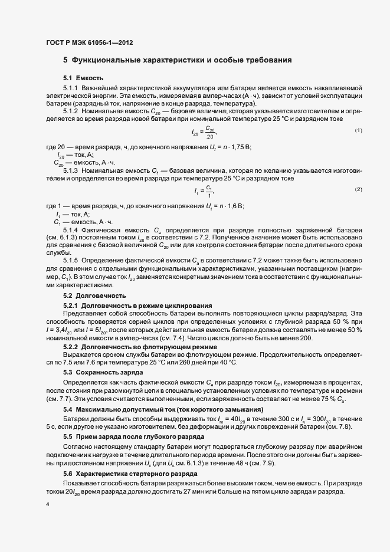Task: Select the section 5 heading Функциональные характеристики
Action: pyautogui.click(x=177, y=60)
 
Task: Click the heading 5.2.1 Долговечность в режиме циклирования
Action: pyautogui.click(x=137, y=305)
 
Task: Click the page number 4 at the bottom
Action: pyautogui.click(x=47, y=521)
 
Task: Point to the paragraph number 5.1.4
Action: pyautogui.click(x=70, y=229)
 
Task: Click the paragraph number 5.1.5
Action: pyautogui.click(x=70, y=260)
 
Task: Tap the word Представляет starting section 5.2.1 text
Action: pyautogui.click(x=83, y=314)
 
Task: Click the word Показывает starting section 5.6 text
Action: pyautogui.click(x=81, y=482)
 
